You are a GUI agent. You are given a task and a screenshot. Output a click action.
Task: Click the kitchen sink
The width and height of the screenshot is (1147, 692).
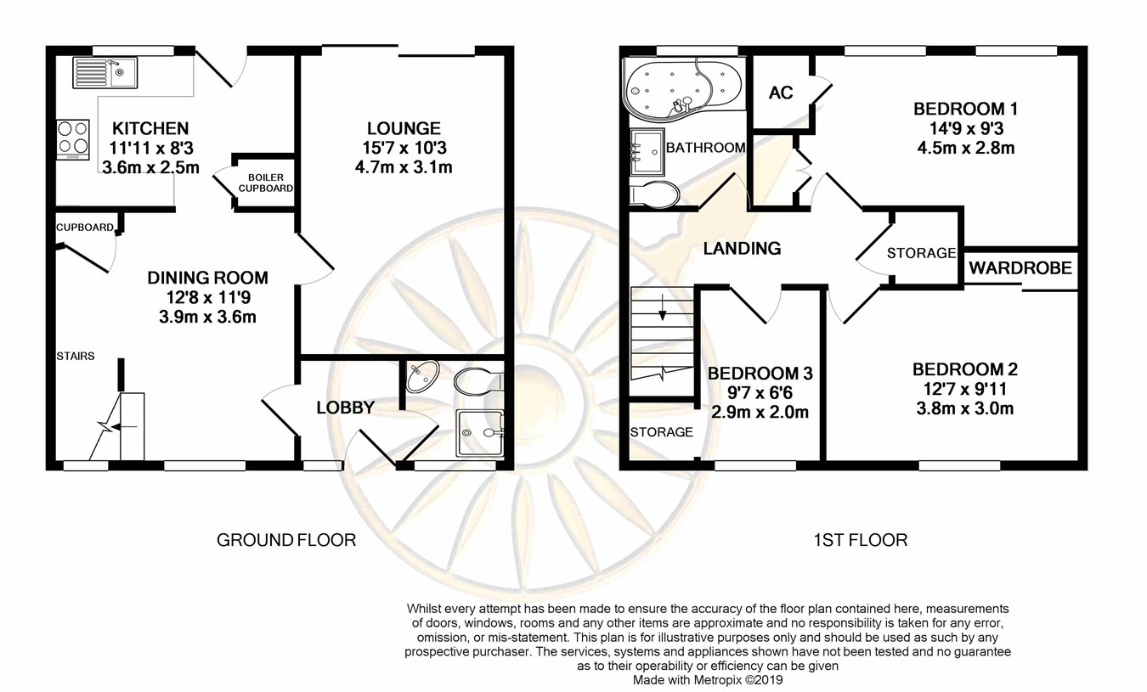click(105, 72)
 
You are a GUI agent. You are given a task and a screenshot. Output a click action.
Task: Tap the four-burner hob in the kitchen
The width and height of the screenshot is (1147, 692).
click(73, 139)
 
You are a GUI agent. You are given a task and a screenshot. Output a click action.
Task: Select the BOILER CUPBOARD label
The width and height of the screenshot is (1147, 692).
click(266, 183)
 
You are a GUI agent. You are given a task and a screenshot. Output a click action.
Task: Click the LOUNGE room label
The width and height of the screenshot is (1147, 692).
click(404, 128)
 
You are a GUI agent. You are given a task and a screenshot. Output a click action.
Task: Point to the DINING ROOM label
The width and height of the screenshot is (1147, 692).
click(207, 278)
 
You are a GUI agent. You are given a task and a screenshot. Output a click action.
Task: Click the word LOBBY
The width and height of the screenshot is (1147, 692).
click(346, 408)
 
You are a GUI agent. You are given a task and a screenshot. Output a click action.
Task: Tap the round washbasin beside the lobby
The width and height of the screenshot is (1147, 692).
click(422, 377)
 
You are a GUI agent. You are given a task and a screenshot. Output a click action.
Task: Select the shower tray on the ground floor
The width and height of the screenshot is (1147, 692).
click(480, 433)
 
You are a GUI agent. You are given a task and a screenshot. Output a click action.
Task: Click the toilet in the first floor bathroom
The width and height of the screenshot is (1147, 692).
click(654, 194)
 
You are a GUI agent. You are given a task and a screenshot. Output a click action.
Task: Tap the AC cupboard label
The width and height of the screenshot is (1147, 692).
click(781, 93)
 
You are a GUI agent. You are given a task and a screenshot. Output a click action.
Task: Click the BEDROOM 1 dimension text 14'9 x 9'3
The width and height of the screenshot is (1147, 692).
click(966, 128)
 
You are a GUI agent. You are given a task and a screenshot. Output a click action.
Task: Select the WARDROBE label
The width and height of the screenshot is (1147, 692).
click(1020, 267)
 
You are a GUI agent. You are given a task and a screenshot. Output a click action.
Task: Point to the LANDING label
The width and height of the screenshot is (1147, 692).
click(742, 248)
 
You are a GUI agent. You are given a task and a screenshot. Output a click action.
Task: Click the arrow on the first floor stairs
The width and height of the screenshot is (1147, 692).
click(663, 307)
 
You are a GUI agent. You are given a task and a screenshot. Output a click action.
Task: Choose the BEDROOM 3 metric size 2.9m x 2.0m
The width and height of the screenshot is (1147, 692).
click(760, 412)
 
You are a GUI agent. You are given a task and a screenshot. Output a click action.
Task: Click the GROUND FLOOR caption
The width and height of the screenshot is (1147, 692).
click(286, 540)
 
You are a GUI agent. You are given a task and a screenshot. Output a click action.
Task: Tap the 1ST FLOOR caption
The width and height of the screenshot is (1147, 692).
click(860, 540)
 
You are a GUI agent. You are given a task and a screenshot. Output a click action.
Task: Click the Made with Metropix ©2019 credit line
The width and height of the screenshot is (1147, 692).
click(708, 680)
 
